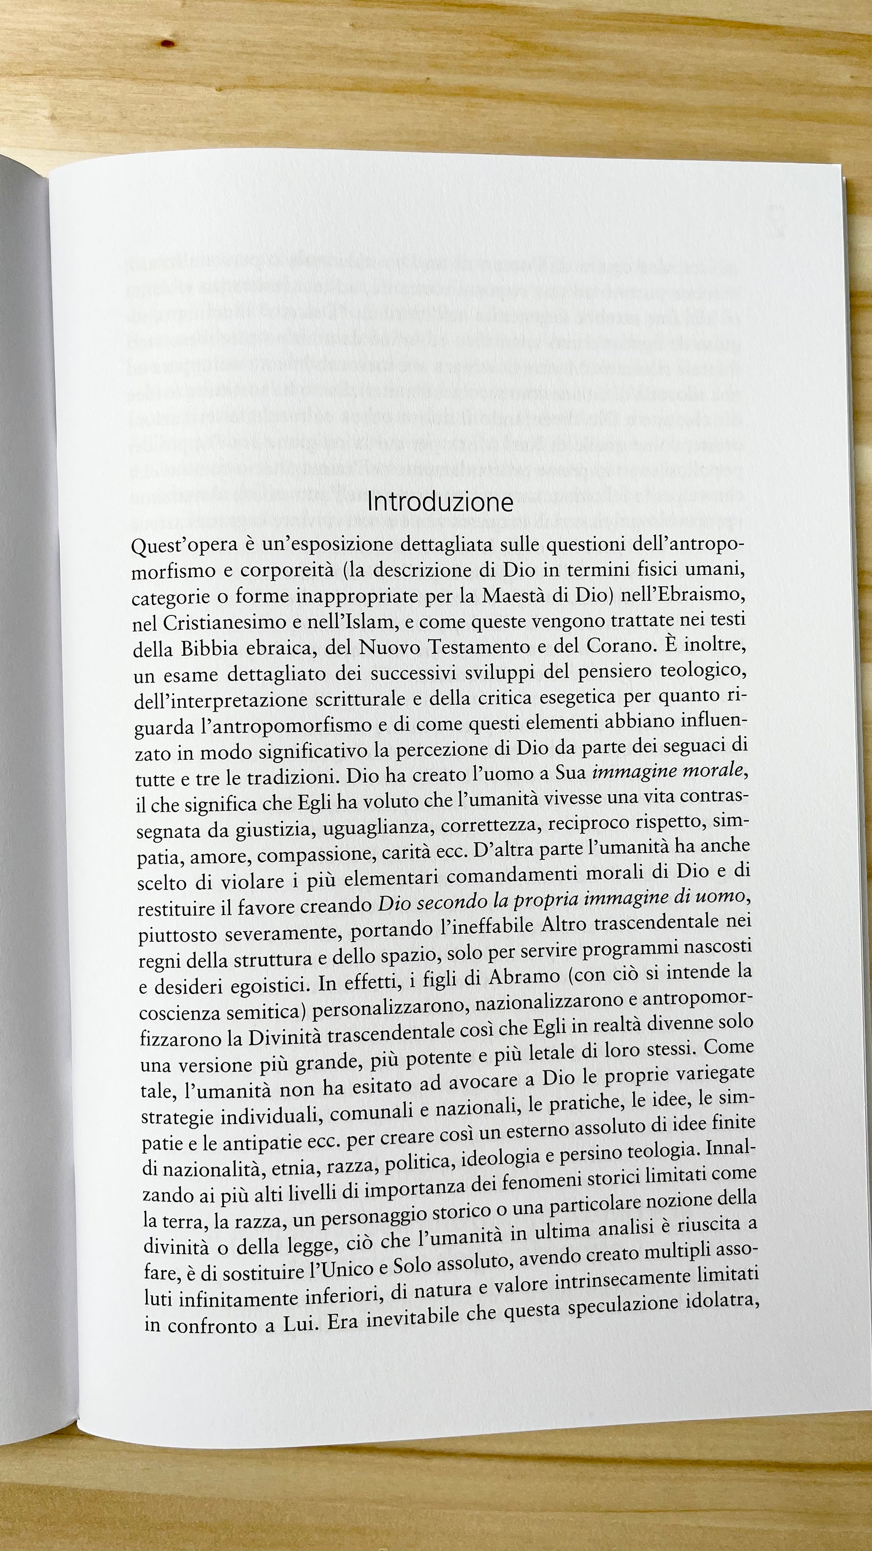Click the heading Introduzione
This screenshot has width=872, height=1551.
coord(440,502)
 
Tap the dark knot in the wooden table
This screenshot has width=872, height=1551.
coord(168,43)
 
